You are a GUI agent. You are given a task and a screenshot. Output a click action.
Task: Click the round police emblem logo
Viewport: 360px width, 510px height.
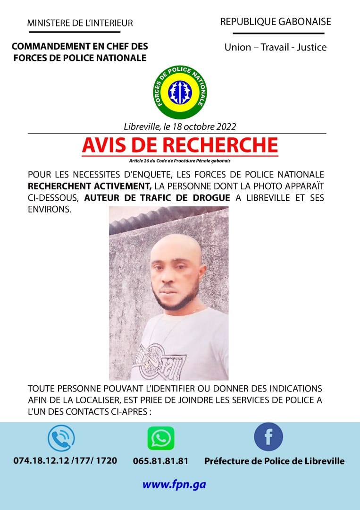tap(180, 93)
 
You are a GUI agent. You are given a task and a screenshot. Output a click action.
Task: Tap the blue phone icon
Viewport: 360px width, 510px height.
tap(61, 438)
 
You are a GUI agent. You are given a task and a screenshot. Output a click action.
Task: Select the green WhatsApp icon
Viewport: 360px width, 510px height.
tap(161, 438)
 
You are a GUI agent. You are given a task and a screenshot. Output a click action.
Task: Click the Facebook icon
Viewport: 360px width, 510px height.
tap(268, 437)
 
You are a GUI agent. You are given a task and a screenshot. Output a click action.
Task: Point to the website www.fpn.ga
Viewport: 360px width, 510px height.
tap(174, 484)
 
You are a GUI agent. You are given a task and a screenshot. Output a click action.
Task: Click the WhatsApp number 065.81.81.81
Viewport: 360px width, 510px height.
tap(160, 461)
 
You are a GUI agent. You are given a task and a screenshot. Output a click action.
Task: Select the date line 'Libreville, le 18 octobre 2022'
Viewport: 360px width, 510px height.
tap(180, 127)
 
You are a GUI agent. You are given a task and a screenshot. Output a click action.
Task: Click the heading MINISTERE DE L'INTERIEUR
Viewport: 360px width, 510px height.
tap(80, 23)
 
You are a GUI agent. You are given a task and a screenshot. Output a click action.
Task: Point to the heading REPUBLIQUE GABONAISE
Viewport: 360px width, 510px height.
tap(276, 22)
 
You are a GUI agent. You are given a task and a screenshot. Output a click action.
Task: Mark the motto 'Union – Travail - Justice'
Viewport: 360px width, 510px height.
tap(276, 47)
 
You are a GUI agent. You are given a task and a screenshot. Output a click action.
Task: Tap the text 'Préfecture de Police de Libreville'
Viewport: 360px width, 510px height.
tap(274, 461)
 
